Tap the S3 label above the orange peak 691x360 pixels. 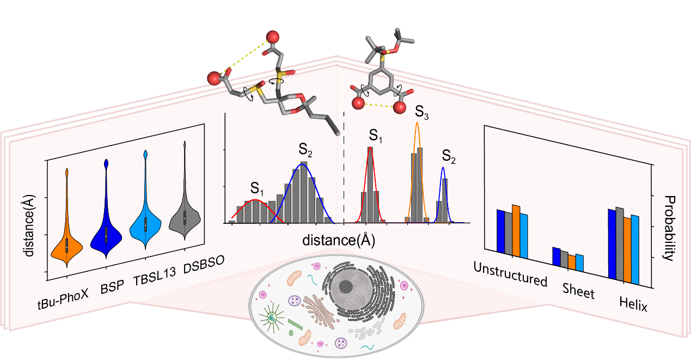pyautogui.click(x=421, y=112)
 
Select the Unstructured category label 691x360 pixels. pyautogui.click(x=510, y=274)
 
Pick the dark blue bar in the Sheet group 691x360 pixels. pyautogui.click(x=556, y=255)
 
